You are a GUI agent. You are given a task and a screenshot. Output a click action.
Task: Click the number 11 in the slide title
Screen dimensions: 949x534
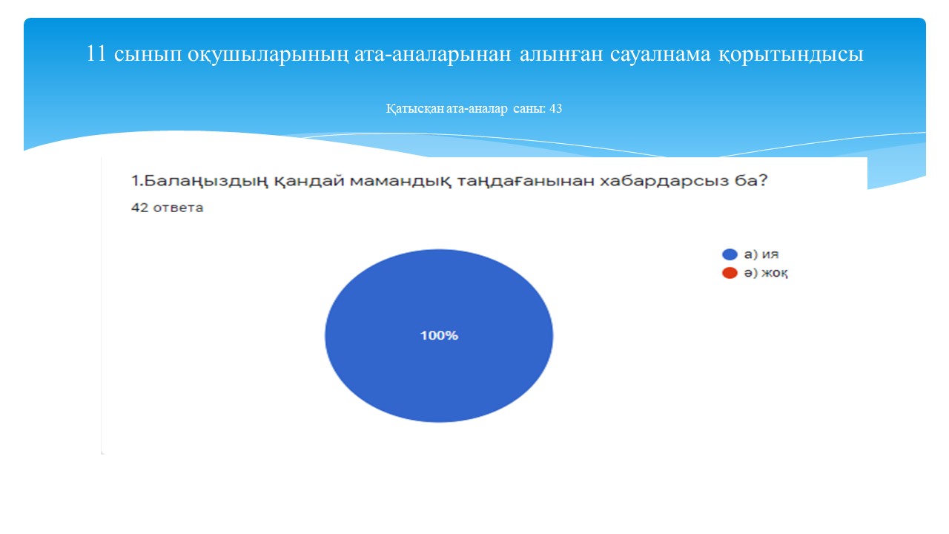coord(96,54)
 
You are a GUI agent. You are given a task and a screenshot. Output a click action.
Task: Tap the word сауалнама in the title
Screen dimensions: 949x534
coord(660,55)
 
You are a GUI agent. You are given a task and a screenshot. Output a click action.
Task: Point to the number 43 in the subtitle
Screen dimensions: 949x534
coord(555,108)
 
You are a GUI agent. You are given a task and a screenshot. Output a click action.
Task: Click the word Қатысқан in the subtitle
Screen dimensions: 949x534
coord(414,109)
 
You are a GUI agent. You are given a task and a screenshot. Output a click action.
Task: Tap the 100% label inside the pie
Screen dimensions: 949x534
coord(439,336)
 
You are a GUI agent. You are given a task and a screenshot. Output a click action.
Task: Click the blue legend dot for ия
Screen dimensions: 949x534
coord(730,254)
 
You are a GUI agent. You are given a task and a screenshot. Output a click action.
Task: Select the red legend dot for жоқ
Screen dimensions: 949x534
coord(730,273)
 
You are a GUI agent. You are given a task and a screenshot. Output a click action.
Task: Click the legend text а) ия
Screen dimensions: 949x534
coord(761,254)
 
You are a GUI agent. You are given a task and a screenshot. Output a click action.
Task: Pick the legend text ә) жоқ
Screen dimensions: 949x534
coord(766,273)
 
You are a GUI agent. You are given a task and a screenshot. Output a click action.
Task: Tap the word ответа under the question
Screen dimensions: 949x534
coord(178,208)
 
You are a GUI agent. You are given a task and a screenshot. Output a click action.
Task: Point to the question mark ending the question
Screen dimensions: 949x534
coord(763,180)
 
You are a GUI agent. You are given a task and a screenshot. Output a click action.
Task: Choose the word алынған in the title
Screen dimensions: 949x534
coord(561,55)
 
